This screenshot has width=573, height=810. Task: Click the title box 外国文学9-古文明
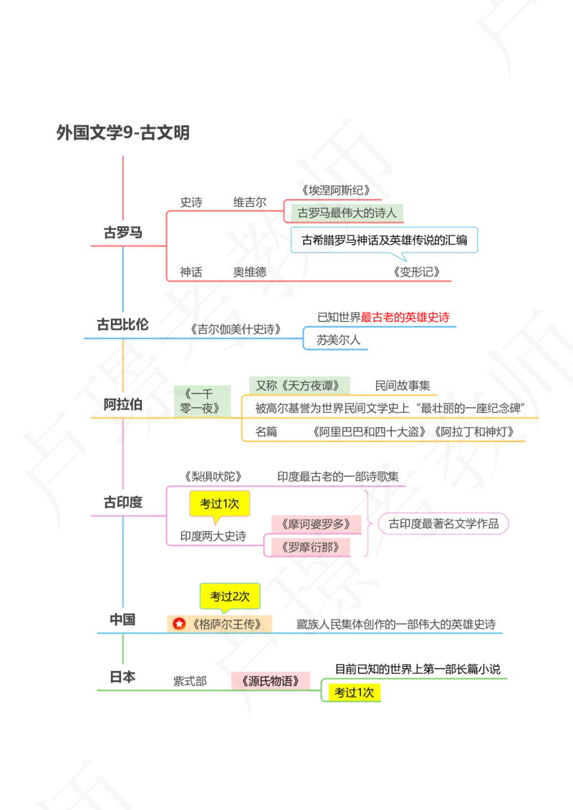tap(123, 132)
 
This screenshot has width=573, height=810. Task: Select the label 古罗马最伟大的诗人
tap(347, 213)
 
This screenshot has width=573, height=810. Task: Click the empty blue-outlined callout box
tap(384, 240)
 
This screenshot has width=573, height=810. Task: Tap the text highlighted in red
tap(405, 316)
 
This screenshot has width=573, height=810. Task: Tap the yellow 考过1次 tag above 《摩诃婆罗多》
tap(219, 504)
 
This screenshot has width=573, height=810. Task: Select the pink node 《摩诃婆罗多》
tap(316, 524)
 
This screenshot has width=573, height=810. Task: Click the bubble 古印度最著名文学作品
tap(443, 524)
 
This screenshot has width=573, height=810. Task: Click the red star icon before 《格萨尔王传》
tap(180, 623)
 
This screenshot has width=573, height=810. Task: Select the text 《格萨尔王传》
tap(226, 623)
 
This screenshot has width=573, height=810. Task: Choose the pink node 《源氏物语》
tap(273, 680)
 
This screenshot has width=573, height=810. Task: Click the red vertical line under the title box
tap(123, 190)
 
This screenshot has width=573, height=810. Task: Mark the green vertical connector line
tap(123, 651)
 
